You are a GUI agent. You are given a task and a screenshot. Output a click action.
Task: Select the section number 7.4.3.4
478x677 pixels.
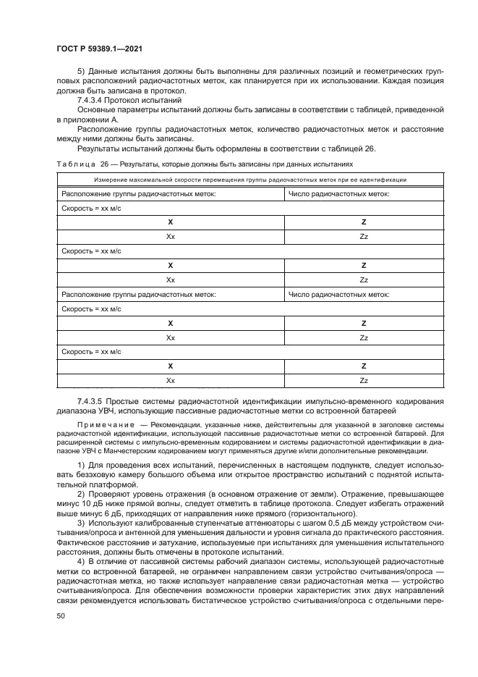pyautogui.click(x=92, y=100)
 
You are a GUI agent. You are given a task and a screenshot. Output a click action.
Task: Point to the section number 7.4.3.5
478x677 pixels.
pyautogui.click(x=92, y=400)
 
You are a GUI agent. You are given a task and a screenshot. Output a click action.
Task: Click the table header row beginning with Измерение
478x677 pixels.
pyautogui.click(x=250, y=180)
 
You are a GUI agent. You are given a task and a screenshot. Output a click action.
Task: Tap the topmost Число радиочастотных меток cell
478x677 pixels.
pyautogui.click(x=339, y=194)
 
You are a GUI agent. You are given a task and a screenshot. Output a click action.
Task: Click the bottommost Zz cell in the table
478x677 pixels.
pyautogui.click(x=364, y=380)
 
